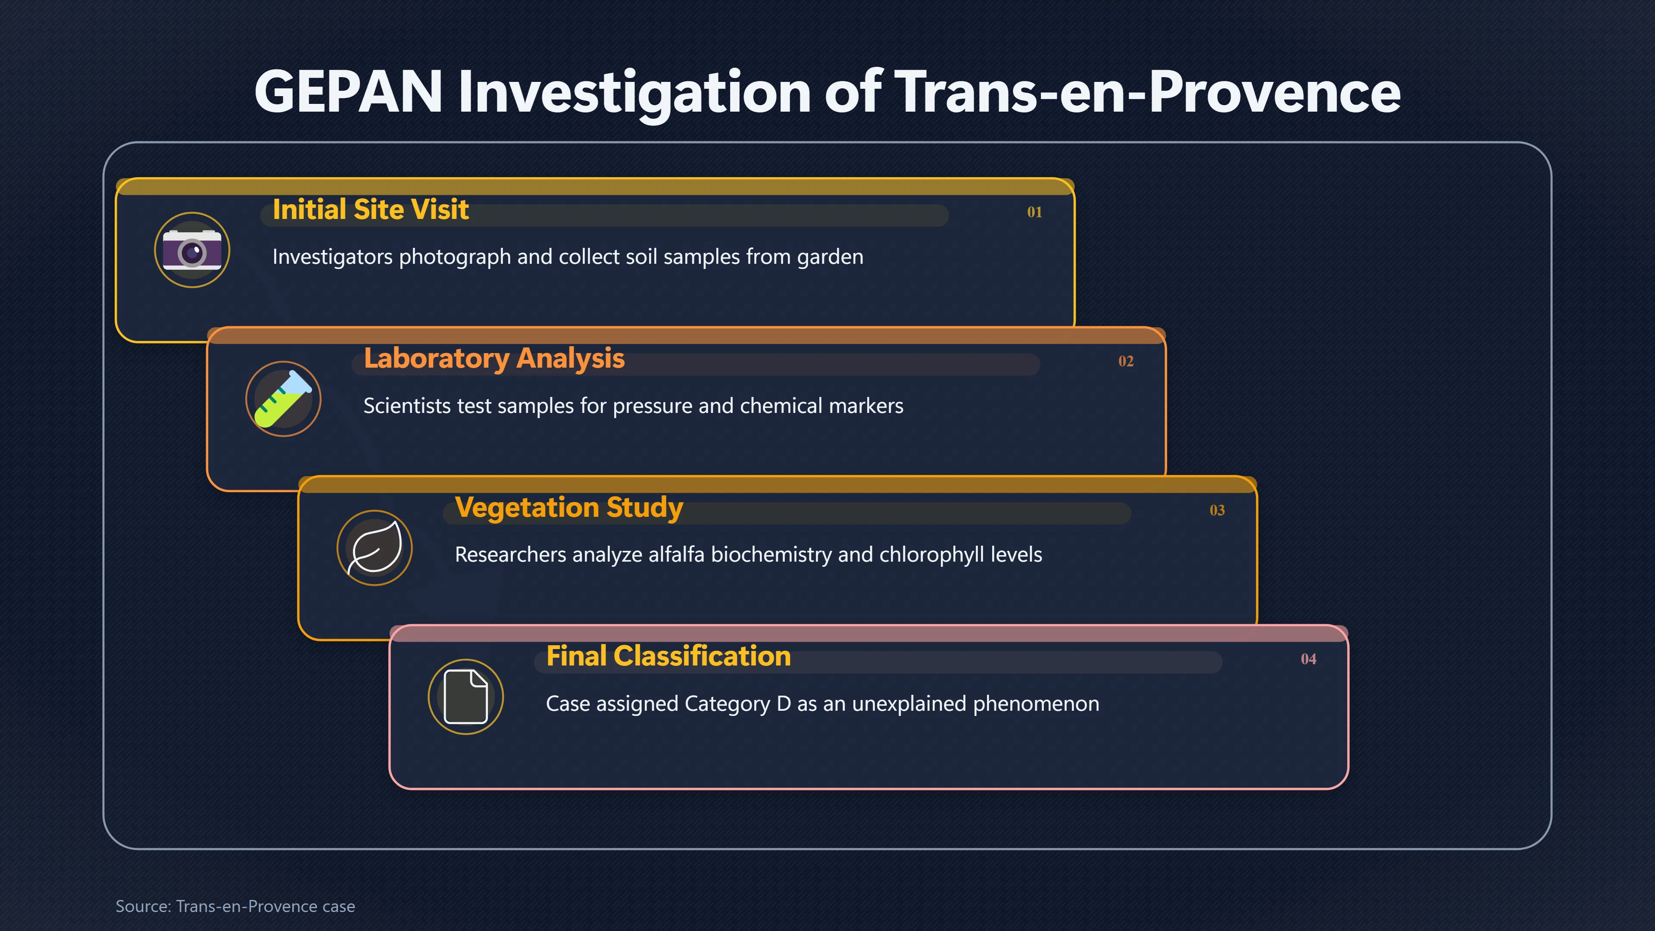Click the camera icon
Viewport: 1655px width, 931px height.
[x=192, y=250]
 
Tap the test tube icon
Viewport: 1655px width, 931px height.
[x=283, y=399]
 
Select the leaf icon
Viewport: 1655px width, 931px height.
[x=375, y=547]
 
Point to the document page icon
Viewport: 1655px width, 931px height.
[x=466, y=697]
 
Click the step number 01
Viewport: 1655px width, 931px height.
[x=1034, y=212]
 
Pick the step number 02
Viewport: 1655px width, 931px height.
[x=1126, y=361]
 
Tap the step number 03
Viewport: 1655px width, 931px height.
[x=1217, y=510]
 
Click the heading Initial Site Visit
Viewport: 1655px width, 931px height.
[x=371, y=209]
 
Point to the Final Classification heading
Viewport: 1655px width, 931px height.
[x=668, y=656]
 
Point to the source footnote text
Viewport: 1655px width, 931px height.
[x=235, y=906]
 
